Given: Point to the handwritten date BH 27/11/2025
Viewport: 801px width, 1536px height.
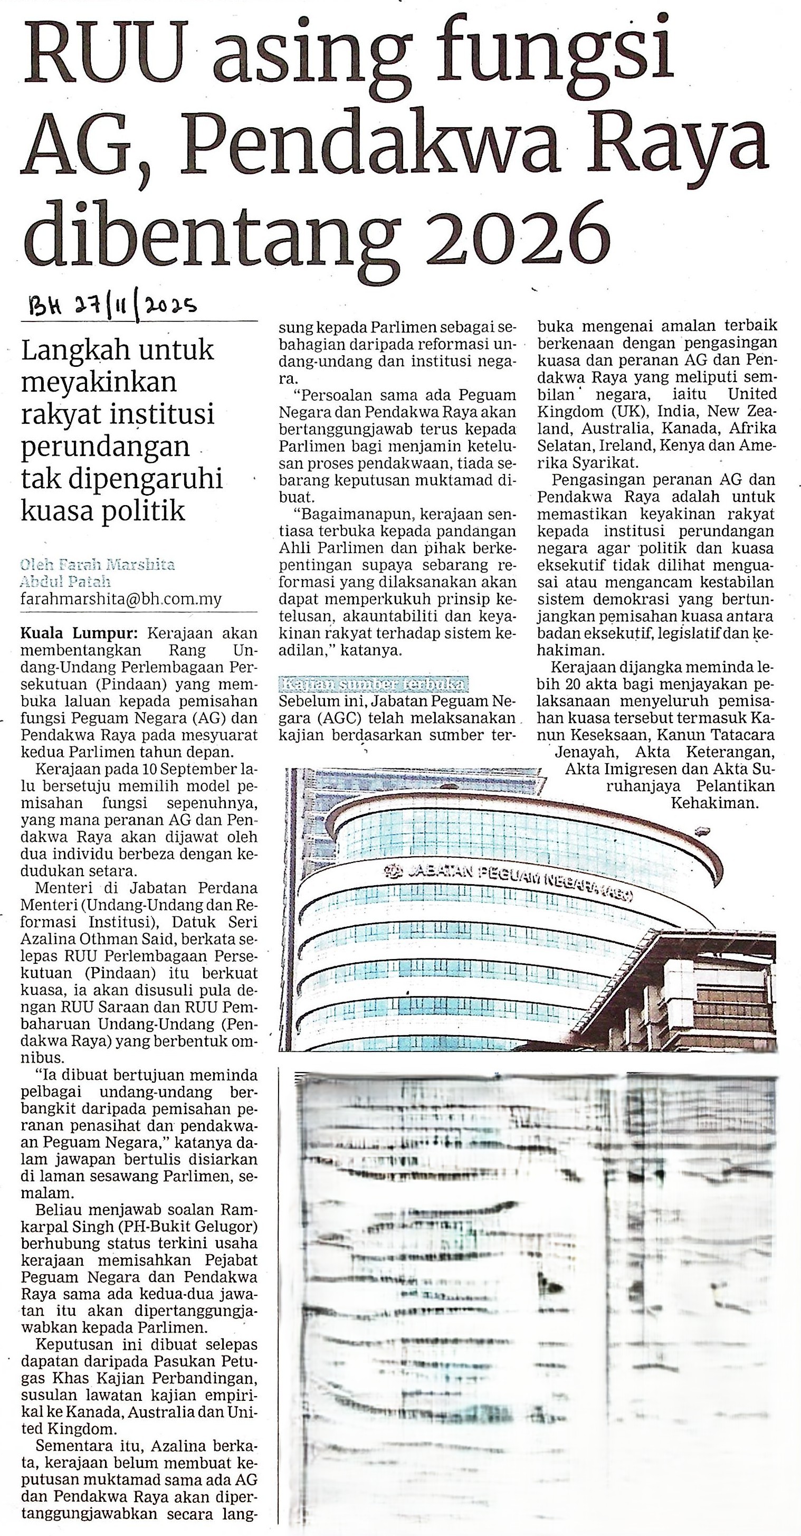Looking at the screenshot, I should coord(113,307).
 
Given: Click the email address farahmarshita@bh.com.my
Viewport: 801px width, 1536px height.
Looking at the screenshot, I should coord(121,599).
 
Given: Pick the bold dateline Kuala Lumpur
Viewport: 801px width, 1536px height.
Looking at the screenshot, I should coord(79,633).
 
